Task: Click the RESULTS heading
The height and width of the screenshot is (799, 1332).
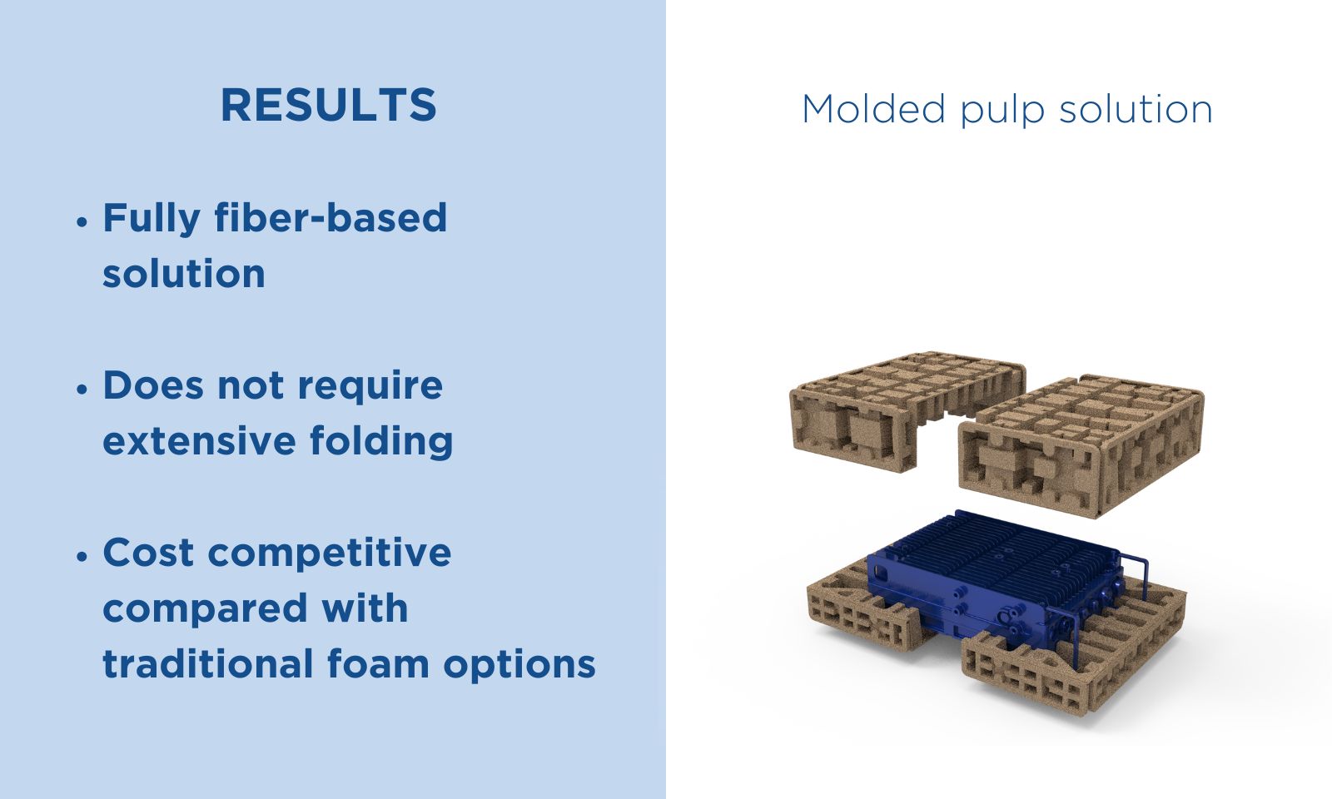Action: click(329, 105)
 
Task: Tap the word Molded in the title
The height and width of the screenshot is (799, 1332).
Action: click(873, 109)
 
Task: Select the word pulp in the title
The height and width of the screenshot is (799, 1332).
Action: click(1002, 111)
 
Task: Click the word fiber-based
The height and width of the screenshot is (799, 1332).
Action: click(331, 217)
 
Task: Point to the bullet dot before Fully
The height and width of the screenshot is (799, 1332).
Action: click(82, 222)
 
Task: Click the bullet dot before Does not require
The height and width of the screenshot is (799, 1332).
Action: click(82, 390)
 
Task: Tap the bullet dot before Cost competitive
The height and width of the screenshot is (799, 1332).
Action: click(82, 557)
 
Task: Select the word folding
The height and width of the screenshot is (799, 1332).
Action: click(381, 441)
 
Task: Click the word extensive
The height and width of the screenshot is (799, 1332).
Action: click(199, 441)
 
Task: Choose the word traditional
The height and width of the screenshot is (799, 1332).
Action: click(208, 663)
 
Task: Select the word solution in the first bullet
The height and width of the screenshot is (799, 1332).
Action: click(184, 274)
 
